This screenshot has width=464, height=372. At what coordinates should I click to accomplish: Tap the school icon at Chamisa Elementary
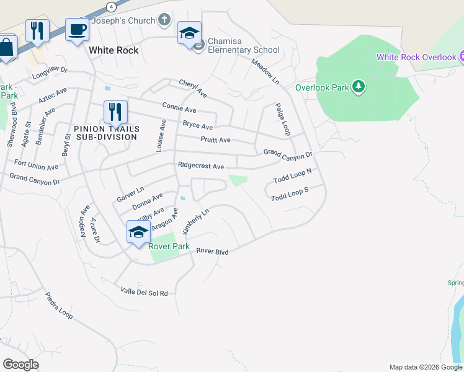click(189, 32)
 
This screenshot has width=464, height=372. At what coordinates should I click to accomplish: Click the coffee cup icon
click(77, 29)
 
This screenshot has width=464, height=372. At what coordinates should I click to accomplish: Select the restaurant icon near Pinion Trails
click(115, 112)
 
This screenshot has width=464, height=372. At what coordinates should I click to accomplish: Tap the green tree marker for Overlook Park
click(358, 87)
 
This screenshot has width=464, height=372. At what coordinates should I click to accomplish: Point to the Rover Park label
click(169, 246)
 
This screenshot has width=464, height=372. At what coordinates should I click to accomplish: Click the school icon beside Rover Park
click(138, 232)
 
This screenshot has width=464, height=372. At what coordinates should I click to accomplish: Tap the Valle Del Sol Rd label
click(144, 291)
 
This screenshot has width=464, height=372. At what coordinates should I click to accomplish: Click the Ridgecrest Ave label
click(200, 166)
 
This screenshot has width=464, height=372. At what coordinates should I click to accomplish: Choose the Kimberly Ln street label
click(196, 221)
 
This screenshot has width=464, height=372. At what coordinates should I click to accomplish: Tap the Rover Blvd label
click(213, 252)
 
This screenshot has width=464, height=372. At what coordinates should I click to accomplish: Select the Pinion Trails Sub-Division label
click(105, 133)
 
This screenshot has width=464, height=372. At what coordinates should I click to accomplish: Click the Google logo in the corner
click(20, 365)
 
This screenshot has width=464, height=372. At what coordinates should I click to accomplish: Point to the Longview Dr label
click(50, 75)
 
